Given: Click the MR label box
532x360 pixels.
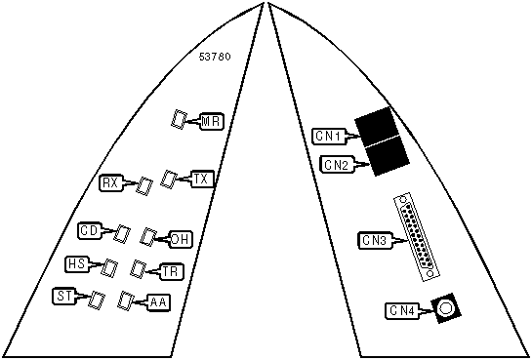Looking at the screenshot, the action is tap(212, 121).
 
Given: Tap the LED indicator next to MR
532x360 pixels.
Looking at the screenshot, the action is tap(179, 119).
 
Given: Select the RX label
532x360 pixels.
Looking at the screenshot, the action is tap(110, 183).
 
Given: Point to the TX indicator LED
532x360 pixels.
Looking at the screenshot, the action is tap(169, 179).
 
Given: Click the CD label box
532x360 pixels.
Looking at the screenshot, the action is tap(89, 231).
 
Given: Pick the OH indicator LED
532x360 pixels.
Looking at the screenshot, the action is tap(148, 237).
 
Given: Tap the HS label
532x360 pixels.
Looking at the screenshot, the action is tap(77, 264).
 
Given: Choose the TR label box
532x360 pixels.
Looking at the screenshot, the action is tap(173, 271).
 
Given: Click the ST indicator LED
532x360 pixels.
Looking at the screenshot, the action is tap(97, 300).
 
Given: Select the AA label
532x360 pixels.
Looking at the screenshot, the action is tap(159, 302).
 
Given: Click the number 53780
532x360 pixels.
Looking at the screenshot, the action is tap(215, 57).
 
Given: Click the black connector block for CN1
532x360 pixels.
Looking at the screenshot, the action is tap(377, 127).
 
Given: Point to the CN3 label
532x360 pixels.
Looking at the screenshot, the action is tap(375, 240).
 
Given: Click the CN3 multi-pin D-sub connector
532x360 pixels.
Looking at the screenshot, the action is tap(417, 237).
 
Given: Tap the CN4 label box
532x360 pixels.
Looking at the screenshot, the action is tap(402, 310).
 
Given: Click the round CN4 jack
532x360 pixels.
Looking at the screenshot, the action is tap(445, 308).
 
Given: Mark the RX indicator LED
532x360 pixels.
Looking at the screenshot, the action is tap(144, 186).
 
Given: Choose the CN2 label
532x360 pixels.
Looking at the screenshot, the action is tap(337, 165).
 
